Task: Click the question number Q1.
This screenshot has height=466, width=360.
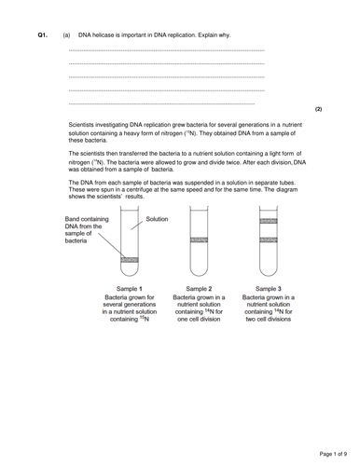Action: [x=43, y=35]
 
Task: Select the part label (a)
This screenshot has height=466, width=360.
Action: [x=66, y=35]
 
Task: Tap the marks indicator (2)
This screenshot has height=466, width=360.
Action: [x=318, y=109]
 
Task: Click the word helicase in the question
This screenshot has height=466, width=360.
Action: [x=104, y=35]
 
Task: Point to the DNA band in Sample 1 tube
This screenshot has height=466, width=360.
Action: [x=130, y=260]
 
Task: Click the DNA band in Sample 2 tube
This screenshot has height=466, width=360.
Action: [x=199, y=240]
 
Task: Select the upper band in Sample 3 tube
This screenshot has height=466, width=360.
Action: [x=269, y=221]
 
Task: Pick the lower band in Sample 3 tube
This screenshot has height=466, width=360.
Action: [x=269, y=240]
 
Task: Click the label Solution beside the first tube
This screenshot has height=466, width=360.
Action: [x=157, y=219]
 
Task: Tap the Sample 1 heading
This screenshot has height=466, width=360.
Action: [x=130, y=289]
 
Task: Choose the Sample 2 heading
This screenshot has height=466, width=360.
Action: [x=199, y=289]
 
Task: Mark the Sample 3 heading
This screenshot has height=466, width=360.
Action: [x=269, y=289]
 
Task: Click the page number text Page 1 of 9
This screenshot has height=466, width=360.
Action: [x=333, y=454]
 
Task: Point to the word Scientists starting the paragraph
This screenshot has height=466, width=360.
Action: [x=81, y=125]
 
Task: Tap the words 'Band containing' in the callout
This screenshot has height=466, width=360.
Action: [x=87, y=219]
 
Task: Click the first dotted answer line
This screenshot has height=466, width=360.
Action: [x=166, y=50]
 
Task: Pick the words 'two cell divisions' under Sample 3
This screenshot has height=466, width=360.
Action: [x=269, y=320]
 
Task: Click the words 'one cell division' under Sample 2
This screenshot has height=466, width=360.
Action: [x=199, y=320]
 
